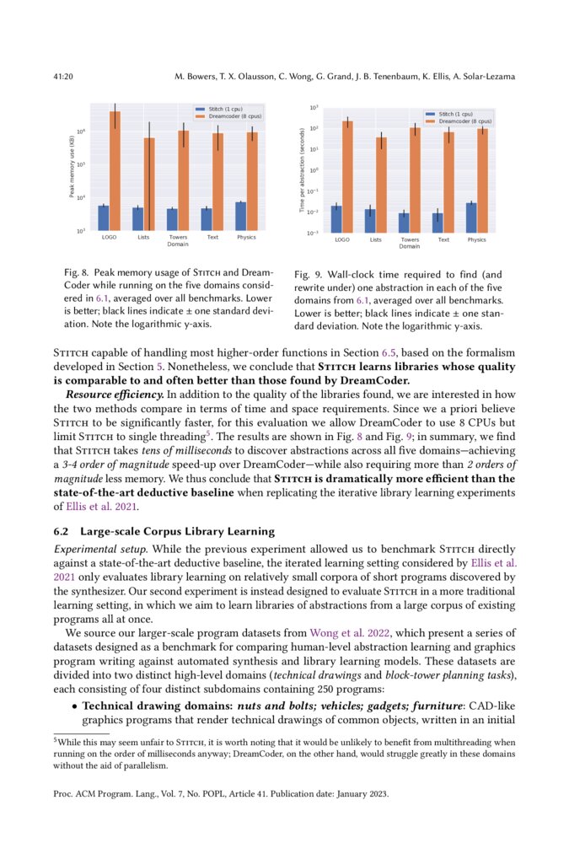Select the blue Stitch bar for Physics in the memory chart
(241, 216)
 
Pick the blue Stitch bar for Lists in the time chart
(370, 220)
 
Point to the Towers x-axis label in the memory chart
(178, 238)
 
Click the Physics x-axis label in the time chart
(477, 239)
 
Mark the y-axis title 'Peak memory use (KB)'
(72, 169)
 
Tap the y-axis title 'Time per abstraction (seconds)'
(303, 169)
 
